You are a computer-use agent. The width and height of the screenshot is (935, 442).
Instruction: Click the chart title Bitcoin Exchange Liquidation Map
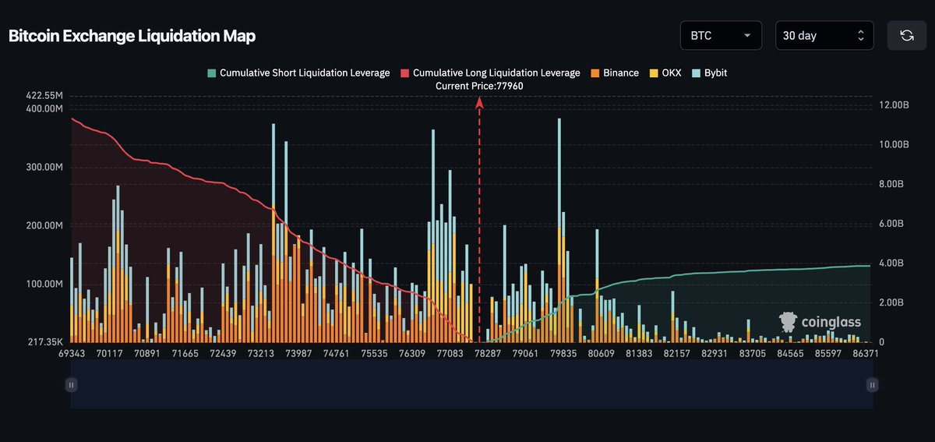[132, 36]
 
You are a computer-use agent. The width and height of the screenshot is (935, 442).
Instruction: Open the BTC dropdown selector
[721, 35]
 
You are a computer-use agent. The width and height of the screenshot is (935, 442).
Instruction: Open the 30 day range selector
[824, 35]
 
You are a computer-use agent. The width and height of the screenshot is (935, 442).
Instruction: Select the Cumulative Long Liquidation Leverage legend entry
[490, 72]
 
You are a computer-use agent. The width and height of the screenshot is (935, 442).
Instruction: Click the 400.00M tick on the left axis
[44, 108]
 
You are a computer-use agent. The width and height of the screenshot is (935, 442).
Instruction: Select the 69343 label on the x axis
[72, 354]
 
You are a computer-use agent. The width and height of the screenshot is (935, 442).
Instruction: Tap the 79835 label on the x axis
[563, 354]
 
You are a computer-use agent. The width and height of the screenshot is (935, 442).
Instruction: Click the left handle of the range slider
[71, 384]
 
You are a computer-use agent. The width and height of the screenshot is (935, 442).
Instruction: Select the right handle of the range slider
[872, 384]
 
